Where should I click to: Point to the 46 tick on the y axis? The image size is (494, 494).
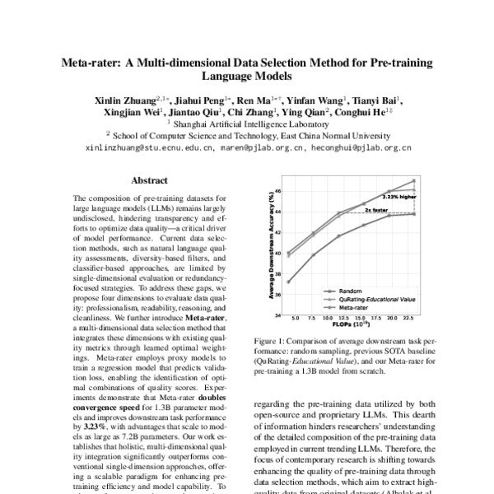click(278, 191)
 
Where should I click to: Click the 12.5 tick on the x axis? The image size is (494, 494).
click(341, 317)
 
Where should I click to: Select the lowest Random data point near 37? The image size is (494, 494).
click(288, 282)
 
